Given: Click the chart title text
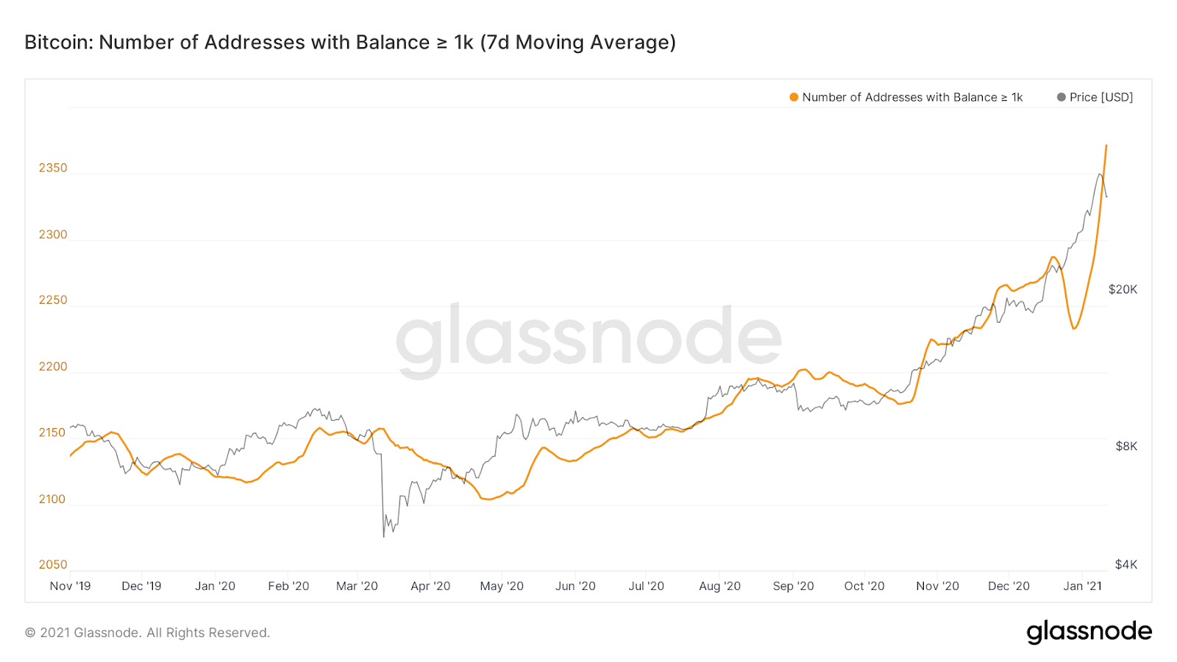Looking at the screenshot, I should pos(350,43).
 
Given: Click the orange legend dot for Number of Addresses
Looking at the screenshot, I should pos(794,97).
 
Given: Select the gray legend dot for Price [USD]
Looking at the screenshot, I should pos(1061,97).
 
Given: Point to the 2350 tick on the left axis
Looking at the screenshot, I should pos(53,168).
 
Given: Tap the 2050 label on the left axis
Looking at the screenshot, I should pos(53,565).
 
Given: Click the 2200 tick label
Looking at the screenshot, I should pos(53,366).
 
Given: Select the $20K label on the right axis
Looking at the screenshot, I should pos(1123,290).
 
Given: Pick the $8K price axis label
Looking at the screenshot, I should pos(1126,446).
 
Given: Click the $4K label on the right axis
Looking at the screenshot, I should pos(1126,565).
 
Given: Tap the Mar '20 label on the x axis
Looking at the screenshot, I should pos(357,586).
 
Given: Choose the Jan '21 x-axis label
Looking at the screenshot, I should pos(1083,586).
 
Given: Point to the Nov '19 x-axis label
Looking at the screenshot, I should pos(70,586).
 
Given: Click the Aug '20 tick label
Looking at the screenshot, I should pos(719,586).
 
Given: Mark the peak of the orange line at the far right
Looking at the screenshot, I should pos(1106,146).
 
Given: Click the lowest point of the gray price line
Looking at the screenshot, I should pos(384,536).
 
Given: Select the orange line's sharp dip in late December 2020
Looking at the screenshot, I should pos(1074,328).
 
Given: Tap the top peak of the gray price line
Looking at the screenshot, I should pos(1100,174).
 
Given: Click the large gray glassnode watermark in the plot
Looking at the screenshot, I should pos(588,338).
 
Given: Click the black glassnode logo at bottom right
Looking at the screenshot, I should pos(1089,632).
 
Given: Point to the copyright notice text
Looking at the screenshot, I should pos(147,633).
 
